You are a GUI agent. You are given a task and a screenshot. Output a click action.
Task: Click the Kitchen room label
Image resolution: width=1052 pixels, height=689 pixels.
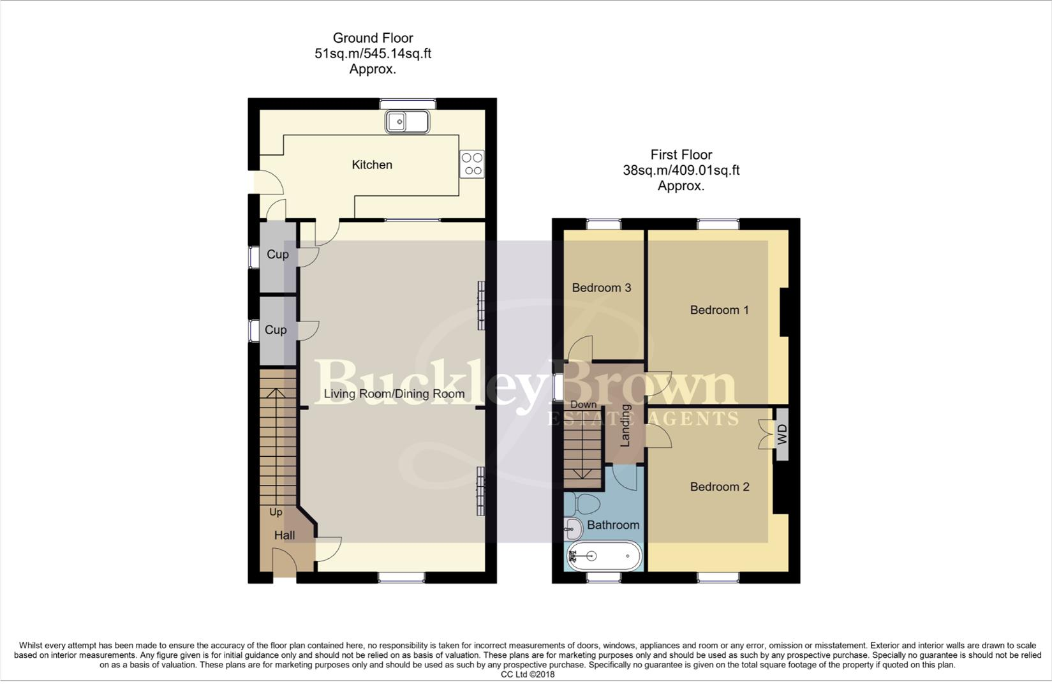tap(372, 165)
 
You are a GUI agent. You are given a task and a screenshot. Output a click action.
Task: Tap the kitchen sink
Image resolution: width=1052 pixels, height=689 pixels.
tap(407, 121)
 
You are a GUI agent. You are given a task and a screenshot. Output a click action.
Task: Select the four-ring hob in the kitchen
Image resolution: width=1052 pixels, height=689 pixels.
tap(473, 163)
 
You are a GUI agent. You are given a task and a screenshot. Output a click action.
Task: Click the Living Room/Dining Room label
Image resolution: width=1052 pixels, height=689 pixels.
tap(394, 394)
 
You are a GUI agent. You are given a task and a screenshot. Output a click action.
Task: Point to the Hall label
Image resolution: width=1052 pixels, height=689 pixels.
tap(285, 535)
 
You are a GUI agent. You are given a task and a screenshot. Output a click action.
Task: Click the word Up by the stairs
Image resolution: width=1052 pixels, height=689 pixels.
tap(276, 512)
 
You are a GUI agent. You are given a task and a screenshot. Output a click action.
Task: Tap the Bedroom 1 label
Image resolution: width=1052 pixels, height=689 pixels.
tap(719, 310)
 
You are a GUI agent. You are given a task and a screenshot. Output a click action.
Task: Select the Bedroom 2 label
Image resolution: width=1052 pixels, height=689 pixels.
tap(719, 487)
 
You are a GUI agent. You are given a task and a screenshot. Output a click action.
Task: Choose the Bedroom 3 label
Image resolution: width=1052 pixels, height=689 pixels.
tap(601, 288)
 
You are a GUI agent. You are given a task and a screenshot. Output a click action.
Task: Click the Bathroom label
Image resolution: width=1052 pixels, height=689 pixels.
tap(613, 525)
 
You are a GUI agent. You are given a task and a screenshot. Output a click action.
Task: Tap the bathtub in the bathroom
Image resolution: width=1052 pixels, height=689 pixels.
tap(604, 556)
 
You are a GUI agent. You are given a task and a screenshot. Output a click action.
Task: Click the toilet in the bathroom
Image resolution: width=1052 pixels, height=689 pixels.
tap(584, 504)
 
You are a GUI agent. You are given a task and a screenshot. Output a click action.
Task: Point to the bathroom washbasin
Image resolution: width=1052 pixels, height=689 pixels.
tap(574, 528)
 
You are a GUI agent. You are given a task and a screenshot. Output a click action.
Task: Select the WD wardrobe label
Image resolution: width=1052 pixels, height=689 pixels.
tap(782, 435)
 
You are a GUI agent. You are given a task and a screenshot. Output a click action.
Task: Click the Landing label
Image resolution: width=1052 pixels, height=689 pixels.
tap(625, 425)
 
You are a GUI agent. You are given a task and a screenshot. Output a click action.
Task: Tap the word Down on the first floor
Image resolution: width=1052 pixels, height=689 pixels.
tap(583, 404)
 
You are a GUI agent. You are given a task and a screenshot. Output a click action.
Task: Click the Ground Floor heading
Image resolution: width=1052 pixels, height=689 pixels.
tap(373, 38)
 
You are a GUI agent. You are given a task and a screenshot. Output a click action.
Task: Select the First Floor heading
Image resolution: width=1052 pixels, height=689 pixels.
tap(681, 154)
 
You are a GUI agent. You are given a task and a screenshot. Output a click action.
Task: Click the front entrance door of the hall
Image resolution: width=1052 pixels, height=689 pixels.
tap(285, 567)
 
